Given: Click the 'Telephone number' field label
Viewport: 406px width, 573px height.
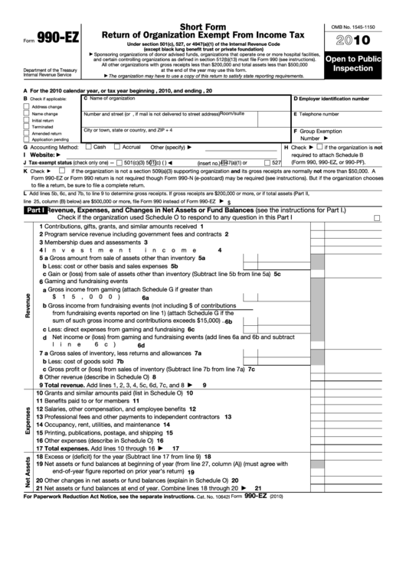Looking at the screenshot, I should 323,114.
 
